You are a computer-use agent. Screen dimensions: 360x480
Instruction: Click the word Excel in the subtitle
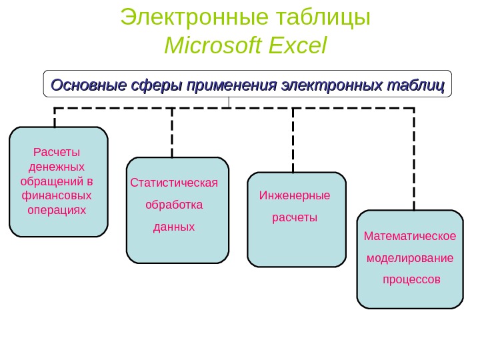coord(297,46)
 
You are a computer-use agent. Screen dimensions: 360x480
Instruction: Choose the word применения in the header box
coord(232,86)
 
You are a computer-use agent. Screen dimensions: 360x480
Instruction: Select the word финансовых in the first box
coord(57,195)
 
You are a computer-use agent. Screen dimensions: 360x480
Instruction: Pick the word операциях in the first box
coord(57,210)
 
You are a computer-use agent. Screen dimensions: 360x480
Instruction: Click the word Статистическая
coord(175,182)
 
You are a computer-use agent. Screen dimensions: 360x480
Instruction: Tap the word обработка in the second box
coord(174,204)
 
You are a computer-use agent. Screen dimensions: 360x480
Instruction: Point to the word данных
coord(174,227)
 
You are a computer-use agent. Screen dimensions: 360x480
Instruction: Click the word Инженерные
coord(295,195)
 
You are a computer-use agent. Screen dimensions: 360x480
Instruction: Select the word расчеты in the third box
coord(295,217)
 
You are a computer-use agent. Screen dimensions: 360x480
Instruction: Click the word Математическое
coord(410,235)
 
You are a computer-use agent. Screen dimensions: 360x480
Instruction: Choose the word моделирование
coord(410,257)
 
